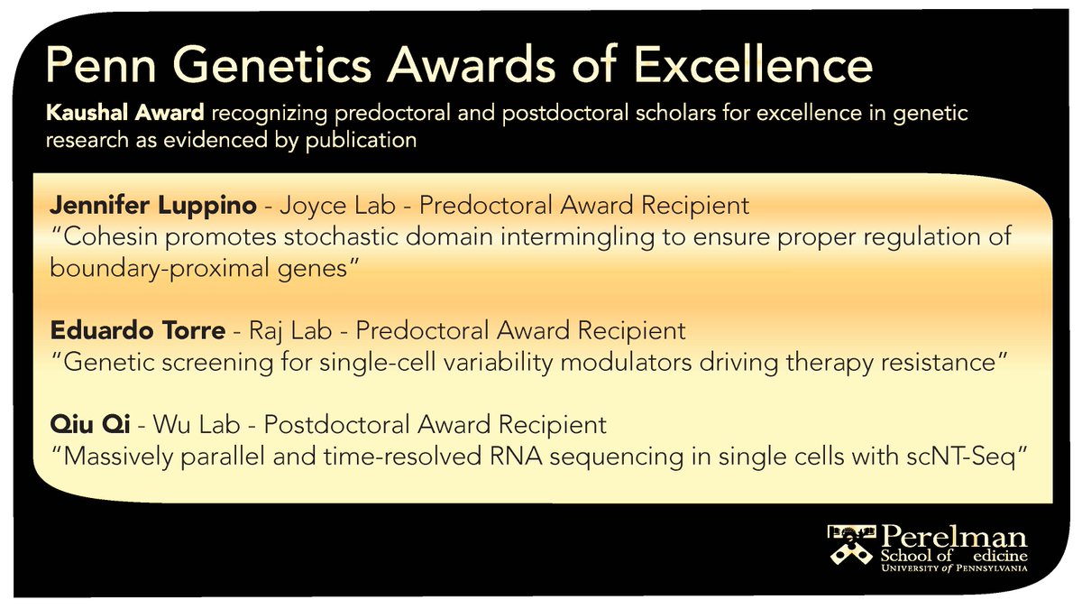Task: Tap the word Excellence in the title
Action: [753, 65]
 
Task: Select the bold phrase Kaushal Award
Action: [125, 113]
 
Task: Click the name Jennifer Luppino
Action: [153, 206]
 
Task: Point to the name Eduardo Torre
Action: [138, 330]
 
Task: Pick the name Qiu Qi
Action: [90, 425]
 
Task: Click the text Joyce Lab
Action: [337, 206]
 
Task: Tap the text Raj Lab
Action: [290, 331]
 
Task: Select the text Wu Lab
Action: [197, 425]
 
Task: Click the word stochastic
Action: [341, 236]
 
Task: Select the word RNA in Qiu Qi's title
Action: [516, 457]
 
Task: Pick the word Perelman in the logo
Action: [954, 538]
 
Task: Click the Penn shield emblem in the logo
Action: [851, 551]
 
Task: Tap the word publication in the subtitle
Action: [361, 141]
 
